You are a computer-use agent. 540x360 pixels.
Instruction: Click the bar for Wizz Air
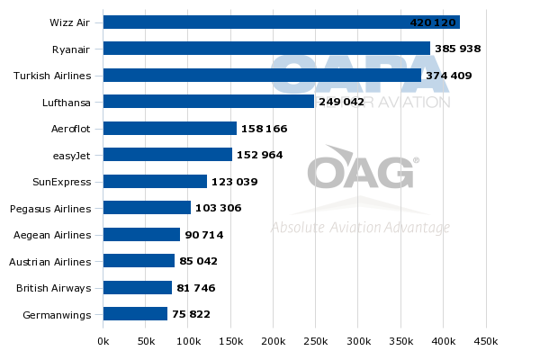pyautogui.click(x=282, y=22)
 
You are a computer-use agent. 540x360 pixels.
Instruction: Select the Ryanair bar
pyautogui.click(x=266, y=49)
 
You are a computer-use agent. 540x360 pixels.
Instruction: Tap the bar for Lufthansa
pyautogui.click(x=209, y=102)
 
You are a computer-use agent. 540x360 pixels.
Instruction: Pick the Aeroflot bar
pyautogui.click(x=170, y=129)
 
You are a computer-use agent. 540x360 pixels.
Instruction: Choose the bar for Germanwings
pyautogui.click(x=135, y=314)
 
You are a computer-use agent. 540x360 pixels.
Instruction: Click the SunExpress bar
pyautogui.click(x=155, y=182)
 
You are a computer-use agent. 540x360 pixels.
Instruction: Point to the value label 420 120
pyautogui.click(x=433, y=22)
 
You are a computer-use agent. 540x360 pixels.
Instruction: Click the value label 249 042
pyautogui.click(x=341, y=102)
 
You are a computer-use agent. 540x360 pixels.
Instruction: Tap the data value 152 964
pyautogui.click(x=260, y=155)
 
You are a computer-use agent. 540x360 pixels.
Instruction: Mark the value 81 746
pyautogui.click(x=196, y=288)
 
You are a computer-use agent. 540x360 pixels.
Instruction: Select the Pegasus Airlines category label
pyautogui.click(x=50, y=209)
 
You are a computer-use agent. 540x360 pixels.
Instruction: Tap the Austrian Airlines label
pyautogui.click(x=50, y=262)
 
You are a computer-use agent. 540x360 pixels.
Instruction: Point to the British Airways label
pyautogui.click(x=54, y=288)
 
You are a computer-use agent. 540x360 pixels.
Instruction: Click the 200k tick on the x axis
pyautogui.click(x=274, y=342)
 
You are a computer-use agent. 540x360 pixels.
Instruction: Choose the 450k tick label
pyautogui.click(x=486, y=342)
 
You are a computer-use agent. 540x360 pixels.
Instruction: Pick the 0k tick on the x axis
pyautogui.click(x=103, y=342)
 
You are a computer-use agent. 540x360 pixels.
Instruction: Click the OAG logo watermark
pyautogui.click(x=360, y=171)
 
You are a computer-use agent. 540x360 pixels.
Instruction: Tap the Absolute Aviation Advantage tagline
pyautogui.click(x=360, y=228)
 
